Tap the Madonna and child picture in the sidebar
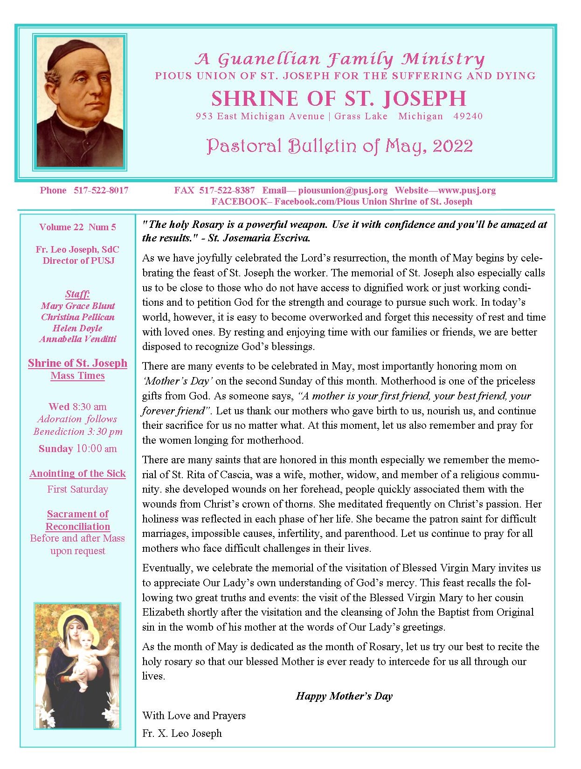[x=77, y=665]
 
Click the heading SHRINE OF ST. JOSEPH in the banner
[x=339, y=98]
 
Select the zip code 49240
[x=468, y=116]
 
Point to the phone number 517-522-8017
[x=101, y=190]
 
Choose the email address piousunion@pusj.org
[x=343, y=190]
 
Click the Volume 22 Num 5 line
[x=77, y=227]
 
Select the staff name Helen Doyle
[x=77, y=328]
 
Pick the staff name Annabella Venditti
[x=77, y=339]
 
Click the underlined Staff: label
[x=77, y=294]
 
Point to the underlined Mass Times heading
[x=77, y=376]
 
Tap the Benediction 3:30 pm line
[x=77, y=431]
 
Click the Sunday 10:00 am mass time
[x=77, y=449]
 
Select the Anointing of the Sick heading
[x=77, y=474]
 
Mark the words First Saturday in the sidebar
[x=77, y=489]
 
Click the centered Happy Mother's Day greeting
[x=344, y=696]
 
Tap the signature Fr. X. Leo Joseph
[x=182, y=733]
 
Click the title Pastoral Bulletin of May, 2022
[x=339, y=146]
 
